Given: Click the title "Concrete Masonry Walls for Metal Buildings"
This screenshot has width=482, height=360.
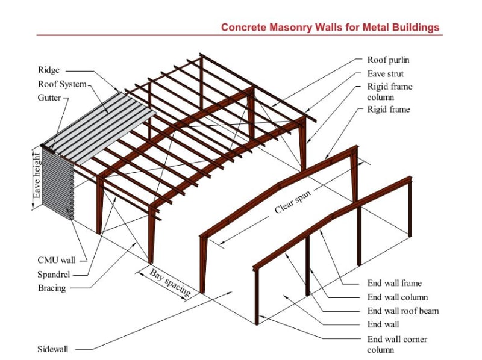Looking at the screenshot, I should click(330, 27).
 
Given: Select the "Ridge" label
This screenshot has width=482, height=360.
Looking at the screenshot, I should click(49, 70).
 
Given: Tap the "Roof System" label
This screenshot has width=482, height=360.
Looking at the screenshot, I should click(62, 84).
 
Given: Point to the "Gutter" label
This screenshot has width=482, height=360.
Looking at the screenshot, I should click(49, 98).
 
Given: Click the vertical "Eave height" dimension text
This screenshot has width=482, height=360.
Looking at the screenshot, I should click(37, 176).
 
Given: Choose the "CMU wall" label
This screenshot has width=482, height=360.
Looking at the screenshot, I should click(56, 260).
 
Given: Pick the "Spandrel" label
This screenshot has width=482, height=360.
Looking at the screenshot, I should click(54, 274).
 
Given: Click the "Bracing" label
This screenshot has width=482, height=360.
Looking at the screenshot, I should click(52, 288).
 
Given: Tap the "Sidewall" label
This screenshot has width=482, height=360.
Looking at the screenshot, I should click(53, 349).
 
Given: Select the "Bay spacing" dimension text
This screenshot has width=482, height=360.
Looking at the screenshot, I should click(171, 282).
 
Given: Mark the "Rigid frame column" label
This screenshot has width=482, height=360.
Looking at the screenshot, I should click(390, 92).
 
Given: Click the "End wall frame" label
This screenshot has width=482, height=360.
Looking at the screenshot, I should click(394, 283).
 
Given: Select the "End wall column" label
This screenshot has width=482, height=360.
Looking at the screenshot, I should click(398, 297).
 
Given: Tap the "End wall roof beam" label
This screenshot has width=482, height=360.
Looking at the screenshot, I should click(403, 311).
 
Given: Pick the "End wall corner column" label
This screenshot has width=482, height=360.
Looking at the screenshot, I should click(397, 344).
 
